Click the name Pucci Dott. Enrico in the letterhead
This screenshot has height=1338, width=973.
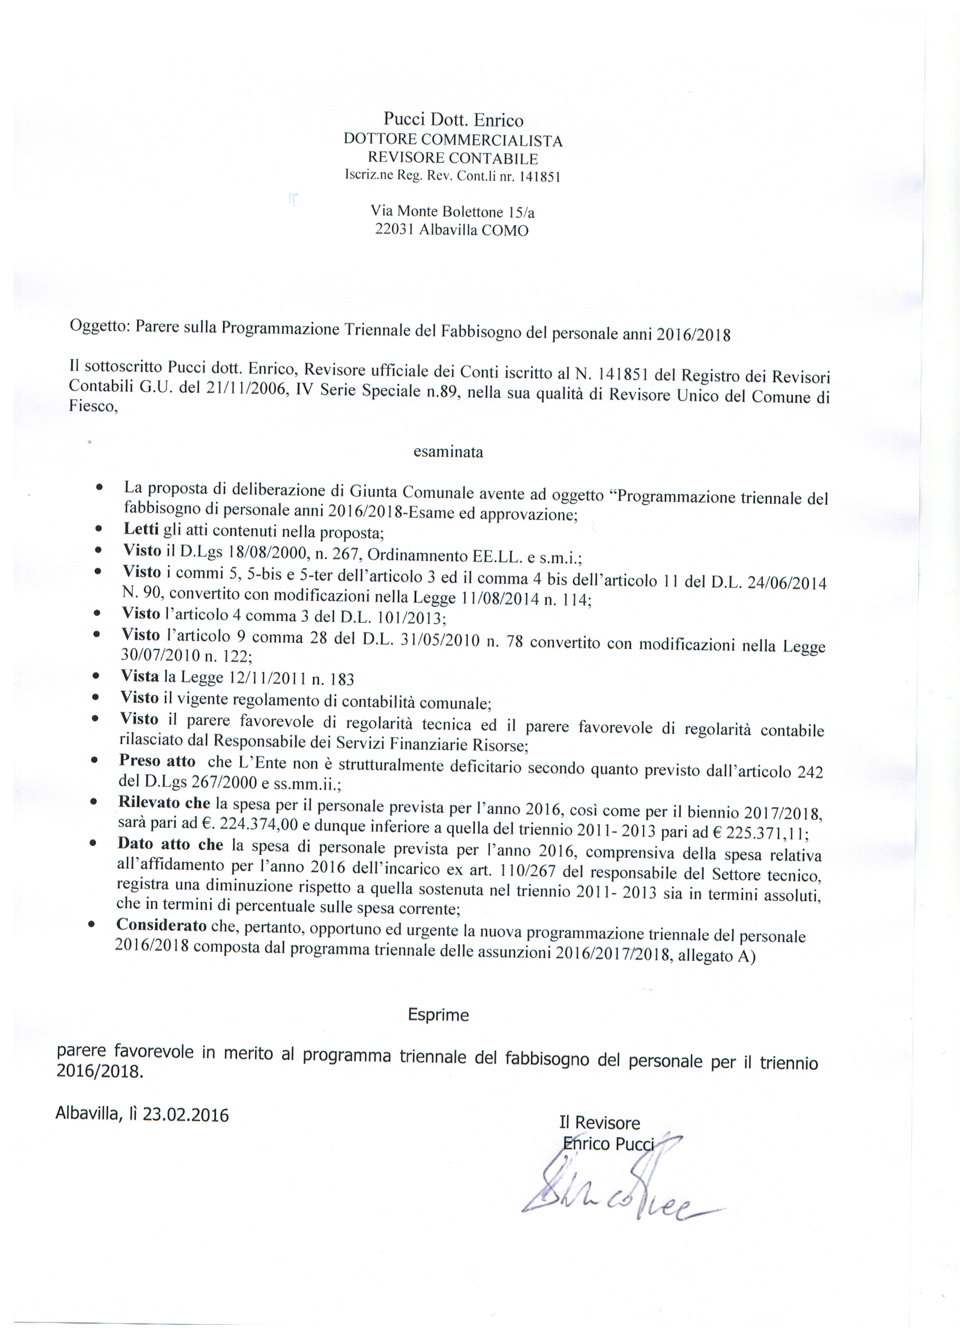point(453,120)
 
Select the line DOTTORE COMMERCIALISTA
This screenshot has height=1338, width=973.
point(453,140)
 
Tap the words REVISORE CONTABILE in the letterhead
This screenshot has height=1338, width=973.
point(453,158)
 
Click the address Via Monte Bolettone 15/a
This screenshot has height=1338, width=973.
point(453,211)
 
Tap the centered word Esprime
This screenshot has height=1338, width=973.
point(438,1015)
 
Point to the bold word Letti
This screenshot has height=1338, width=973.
point(141,529)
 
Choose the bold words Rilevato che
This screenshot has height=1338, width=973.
point(164,802)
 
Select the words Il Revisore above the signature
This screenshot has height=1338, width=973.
point(599,1122)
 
